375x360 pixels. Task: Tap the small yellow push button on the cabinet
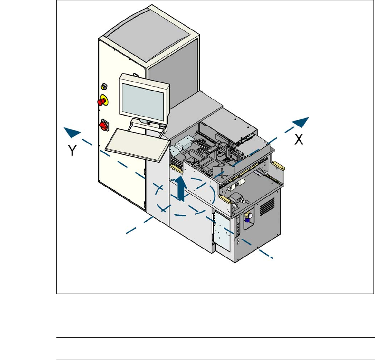click(103, 87)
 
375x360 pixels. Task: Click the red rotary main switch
click(102, 125)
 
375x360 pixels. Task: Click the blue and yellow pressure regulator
click(248, 217)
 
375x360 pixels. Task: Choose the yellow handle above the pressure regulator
click(226, 199)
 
